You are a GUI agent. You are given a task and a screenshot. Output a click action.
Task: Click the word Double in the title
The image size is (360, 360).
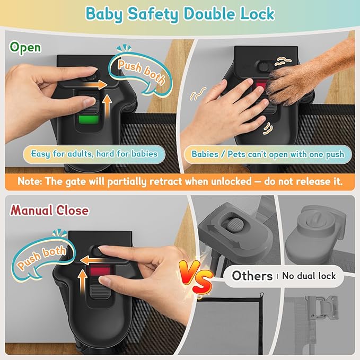tap(210, 14)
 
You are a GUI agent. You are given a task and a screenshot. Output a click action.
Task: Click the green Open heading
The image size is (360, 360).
tap(25, 48)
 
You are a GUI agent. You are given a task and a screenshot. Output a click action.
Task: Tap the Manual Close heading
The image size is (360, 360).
tap(49, 210)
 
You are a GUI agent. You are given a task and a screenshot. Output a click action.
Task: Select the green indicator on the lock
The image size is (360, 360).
tap(89, 120)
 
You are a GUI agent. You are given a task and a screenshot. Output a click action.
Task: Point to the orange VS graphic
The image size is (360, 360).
tap(196, 277)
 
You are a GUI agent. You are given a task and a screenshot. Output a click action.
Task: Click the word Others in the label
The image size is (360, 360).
tap(252, 276)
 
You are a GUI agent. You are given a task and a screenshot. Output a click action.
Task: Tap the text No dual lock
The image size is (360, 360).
tap(309, 276)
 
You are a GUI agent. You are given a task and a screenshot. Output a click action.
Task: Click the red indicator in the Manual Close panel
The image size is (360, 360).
tap(100, 271)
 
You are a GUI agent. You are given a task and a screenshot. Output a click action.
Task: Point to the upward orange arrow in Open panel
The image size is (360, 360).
tap(107, 106)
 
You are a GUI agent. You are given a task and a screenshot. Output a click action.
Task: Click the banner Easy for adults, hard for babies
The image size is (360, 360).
tap(94, 154)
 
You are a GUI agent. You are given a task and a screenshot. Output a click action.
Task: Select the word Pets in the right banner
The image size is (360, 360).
tap(236, 154)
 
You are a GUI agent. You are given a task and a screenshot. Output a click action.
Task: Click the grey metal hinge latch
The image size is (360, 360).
tap(321, 308)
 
